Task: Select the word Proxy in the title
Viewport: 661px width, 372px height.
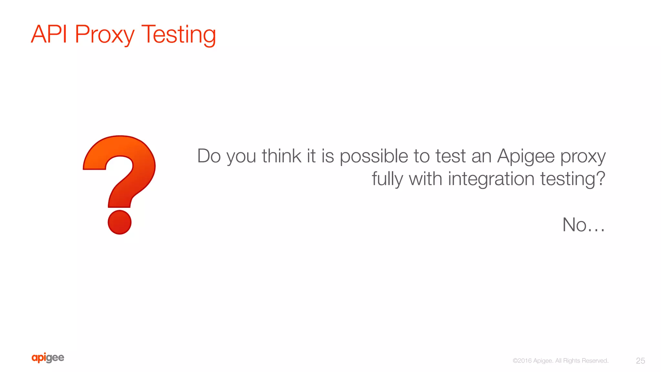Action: coord(104,35)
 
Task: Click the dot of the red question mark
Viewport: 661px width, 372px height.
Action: coord(119,222)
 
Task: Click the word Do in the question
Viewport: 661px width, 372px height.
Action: coord(209,156)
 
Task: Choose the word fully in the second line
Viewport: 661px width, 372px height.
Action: coord(387,179)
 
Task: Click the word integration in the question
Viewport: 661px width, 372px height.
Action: coord(491,179)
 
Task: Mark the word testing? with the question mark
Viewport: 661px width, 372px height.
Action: coord(573,179)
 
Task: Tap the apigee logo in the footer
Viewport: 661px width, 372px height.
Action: coord(48,358)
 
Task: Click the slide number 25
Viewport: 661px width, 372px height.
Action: coord(640,361)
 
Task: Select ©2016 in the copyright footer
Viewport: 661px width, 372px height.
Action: coord(522,361)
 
